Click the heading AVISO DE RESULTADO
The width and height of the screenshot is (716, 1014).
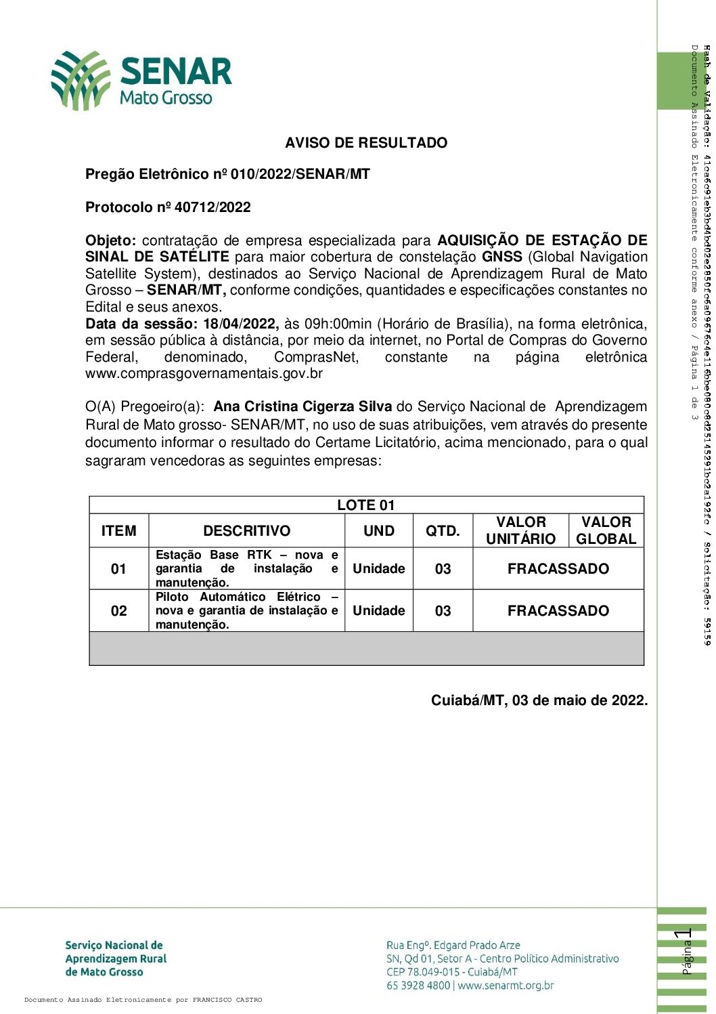coord(366,143)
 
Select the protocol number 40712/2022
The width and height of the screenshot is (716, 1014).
coord(212,207)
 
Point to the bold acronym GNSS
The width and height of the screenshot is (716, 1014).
coord(501,257)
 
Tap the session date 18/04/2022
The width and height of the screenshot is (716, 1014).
coord(240,324)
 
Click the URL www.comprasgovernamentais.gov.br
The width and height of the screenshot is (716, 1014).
coord(204,373)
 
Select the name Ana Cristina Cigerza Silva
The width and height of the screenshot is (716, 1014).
coord(303,406)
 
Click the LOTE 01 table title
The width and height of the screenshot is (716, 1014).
coord(365,505)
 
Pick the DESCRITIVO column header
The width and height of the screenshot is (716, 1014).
coord(246,531)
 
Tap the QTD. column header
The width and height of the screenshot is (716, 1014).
coord(443,531)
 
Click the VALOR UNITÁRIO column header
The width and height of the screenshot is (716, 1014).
coord(520,530)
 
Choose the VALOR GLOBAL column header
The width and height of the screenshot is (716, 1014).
coord(606,530)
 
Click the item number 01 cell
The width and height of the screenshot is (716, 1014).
coord(118,569)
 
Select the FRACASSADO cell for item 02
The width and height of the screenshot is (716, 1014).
coord(558,611)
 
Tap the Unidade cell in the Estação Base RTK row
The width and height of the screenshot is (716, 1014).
coord(378,569)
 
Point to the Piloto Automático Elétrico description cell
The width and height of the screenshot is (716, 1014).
coord(246,610)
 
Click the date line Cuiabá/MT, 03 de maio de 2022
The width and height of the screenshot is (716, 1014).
coord(539,700)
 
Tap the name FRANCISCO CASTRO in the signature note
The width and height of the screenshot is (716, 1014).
coord(227,1000)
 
